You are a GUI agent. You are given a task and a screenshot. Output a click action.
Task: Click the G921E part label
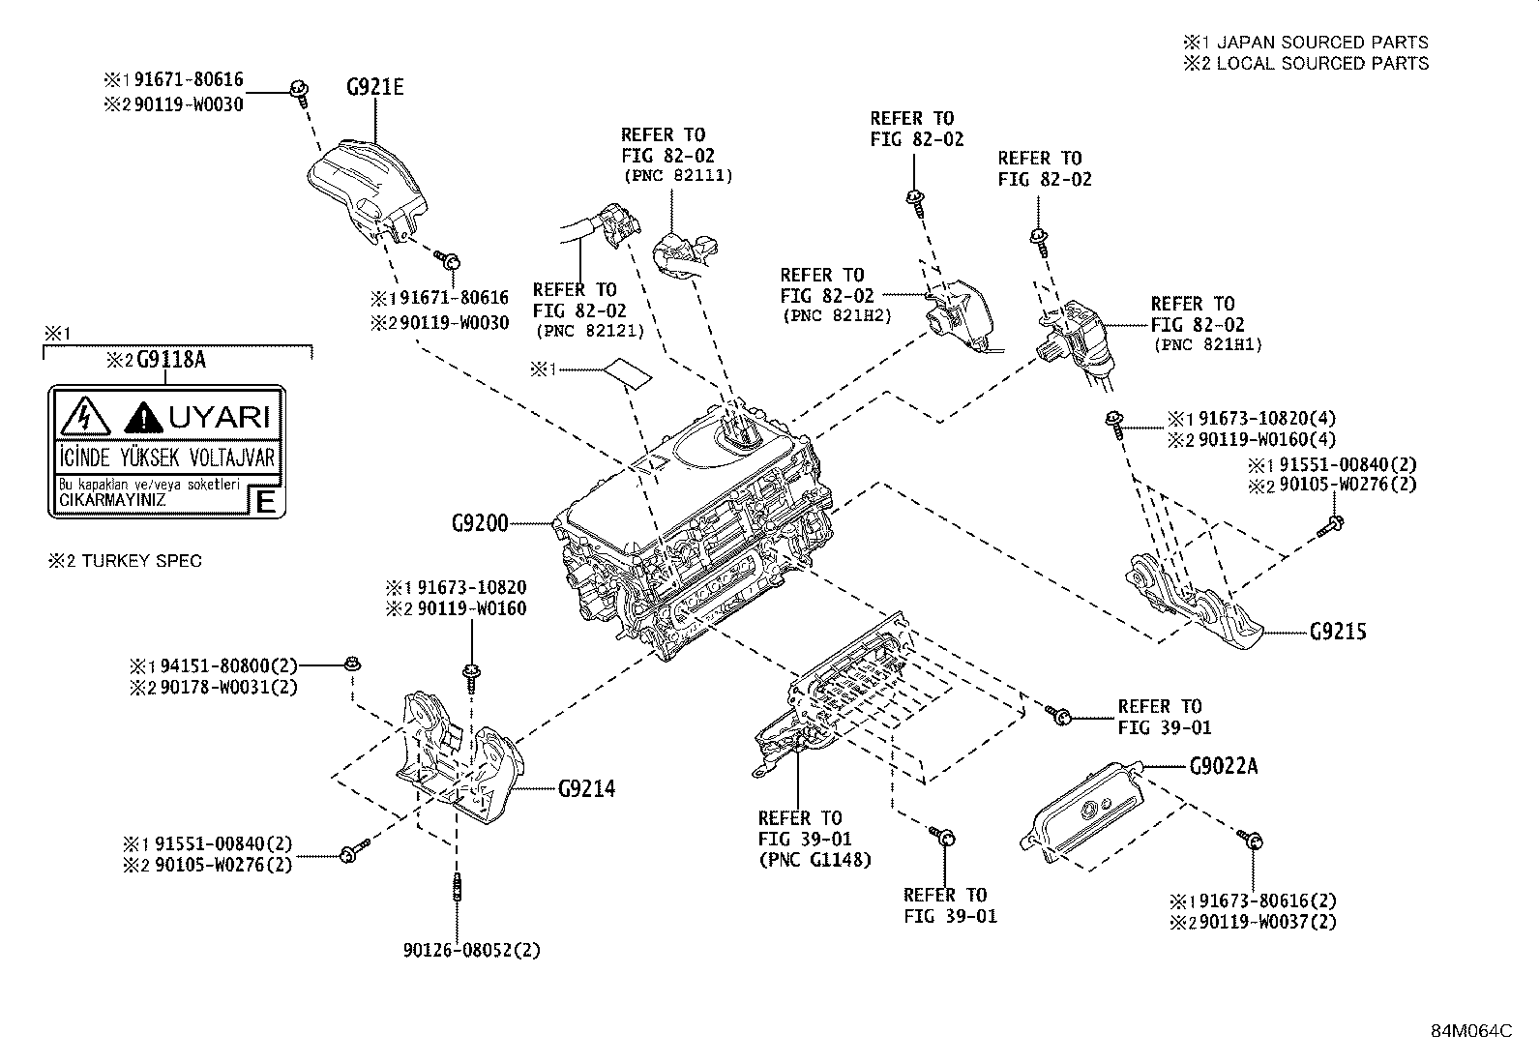[374, 88]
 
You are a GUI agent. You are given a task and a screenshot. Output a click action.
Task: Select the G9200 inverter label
[479, 523]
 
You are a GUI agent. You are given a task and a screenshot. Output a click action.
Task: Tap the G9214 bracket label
[586, 788]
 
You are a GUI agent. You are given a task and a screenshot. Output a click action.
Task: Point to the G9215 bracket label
[1338, 633]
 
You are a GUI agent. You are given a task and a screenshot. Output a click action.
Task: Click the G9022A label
[1224, 766]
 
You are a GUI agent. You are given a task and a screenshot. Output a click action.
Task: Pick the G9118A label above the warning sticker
[171, 361]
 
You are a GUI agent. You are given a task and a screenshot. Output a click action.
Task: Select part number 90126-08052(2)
[472, 950]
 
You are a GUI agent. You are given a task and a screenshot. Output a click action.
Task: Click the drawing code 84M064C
[1471, 1031]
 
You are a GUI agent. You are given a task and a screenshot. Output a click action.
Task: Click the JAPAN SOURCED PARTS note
[1321, 42]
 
